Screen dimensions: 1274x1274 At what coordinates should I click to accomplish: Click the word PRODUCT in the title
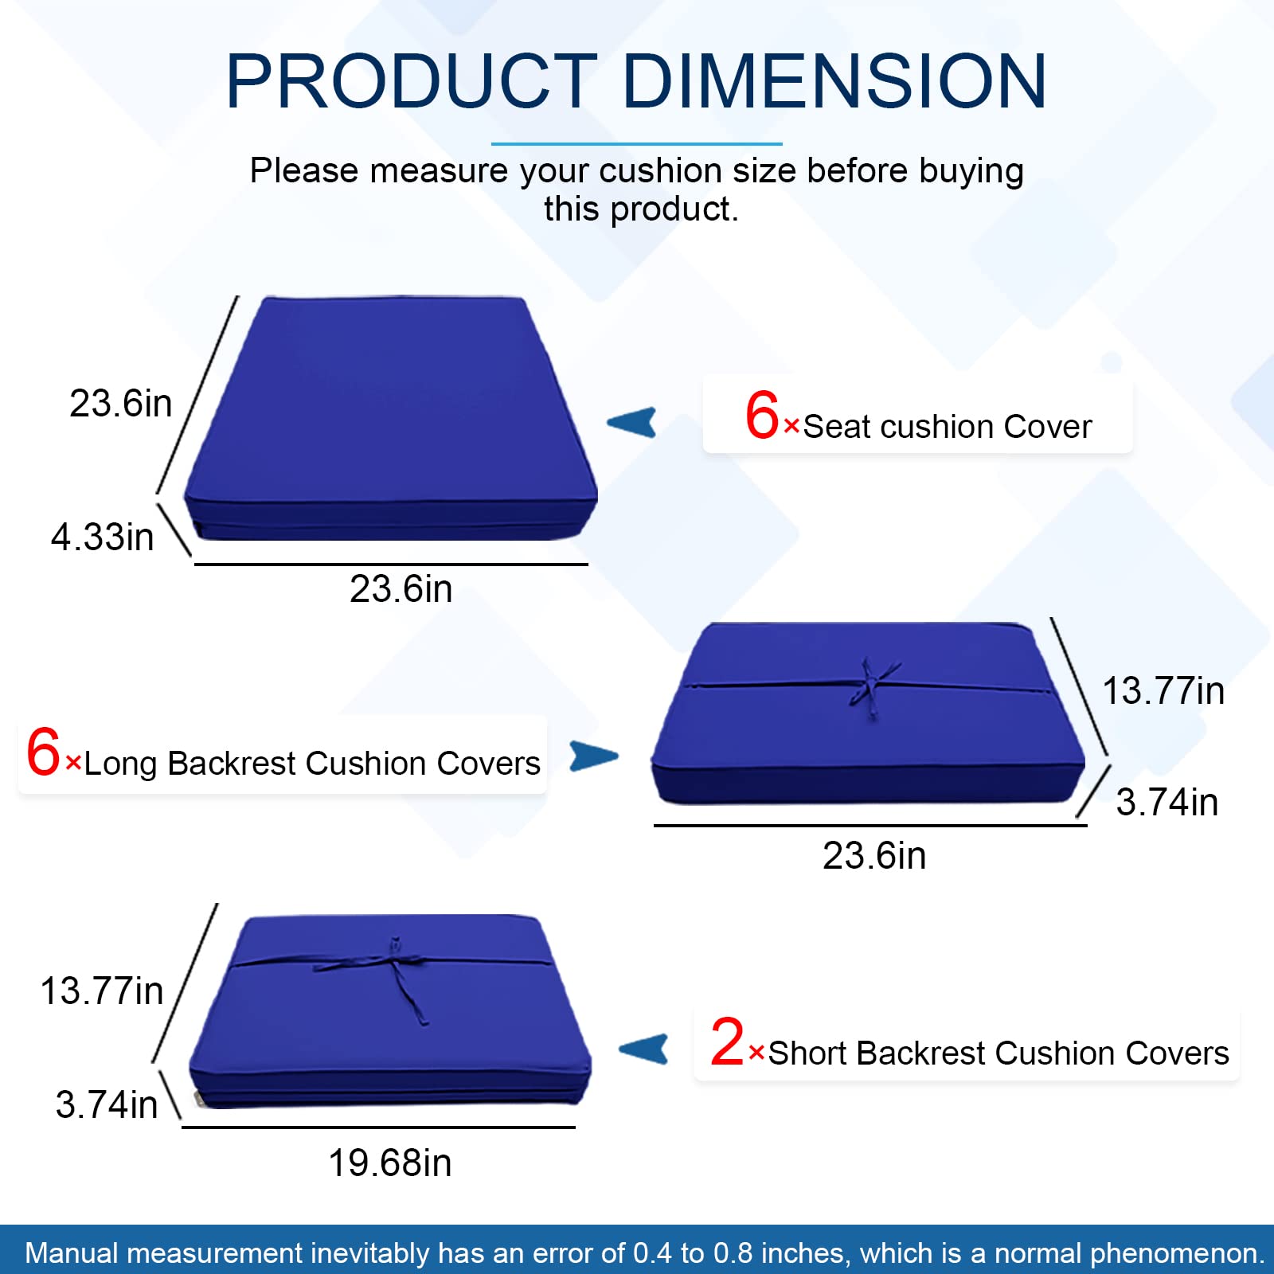point(411,81)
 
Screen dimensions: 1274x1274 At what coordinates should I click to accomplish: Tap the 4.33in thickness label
point(103,537)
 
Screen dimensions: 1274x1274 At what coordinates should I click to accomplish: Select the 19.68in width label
point(390,1163)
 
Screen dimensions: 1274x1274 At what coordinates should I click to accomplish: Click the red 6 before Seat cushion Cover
point(761,415)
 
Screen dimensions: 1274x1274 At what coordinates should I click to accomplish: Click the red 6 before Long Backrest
point(43,752)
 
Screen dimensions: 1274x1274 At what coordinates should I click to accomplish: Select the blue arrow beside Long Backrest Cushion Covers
point(593,756)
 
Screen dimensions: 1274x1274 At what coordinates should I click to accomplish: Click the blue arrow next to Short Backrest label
point(644,1049)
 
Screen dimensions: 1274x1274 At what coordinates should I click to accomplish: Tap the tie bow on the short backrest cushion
point(396,963)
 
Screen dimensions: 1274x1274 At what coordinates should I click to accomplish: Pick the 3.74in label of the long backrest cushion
point(1167,802)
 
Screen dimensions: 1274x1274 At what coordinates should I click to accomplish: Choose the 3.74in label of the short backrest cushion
point(107,1104)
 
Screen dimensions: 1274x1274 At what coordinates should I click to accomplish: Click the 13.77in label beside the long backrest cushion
point(1163,690)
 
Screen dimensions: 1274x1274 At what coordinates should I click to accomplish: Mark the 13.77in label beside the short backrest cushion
point(102,991)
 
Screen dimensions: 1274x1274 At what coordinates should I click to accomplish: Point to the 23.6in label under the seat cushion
point(401,589)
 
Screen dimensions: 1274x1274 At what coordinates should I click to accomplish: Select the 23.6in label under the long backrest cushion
point(874,856)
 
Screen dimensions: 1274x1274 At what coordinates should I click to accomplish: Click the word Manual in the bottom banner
point(72,1253)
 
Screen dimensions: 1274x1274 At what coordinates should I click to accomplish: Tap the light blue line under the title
point(636,144)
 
